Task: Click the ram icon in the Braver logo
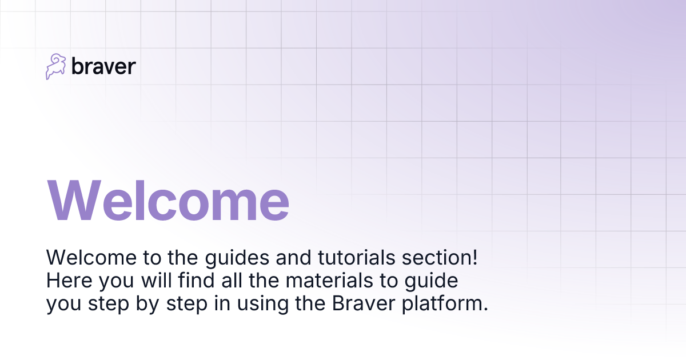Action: (x=56, y=66)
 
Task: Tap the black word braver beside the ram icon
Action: (x=103, y=66)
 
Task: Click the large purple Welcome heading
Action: (x=168, y=199)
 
